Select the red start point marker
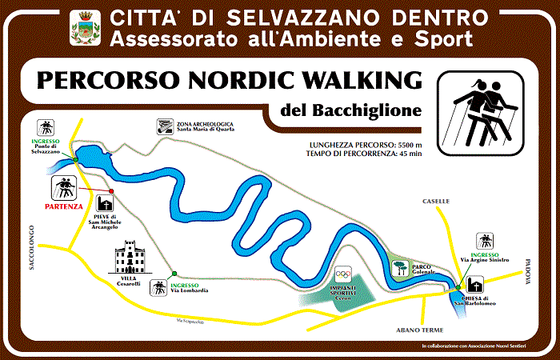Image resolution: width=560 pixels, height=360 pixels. [x=111, y=192]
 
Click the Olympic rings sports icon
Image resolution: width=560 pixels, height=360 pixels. [x=343, y=273]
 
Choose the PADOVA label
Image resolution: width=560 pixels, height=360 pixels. [x=530, y=275]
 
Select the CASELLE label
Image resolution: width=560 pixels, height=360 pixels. [x=438, y=201]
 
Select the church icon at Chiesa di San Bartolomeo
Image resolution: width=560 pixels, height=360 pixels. [x=474, y=284]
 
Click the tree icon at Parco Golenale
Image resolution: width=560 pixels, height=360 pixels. [x=398, y=266]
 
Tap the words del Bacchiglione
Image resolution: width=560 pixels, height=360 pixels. [x=351, y=110]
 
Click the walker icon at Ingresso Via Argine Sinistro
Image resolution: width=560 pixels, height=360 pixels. [x=484, y=240]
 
